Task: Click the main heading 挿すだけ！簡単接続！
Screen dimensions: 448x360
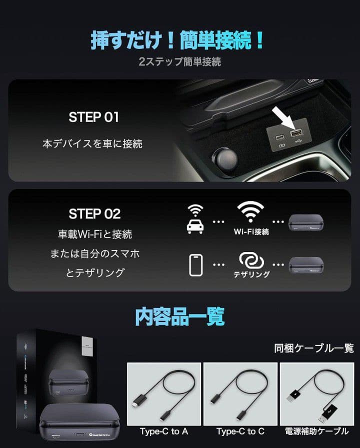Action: tap(177, 40)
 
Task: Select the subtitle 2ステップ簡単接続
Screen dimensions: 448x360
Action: tap(179, 62)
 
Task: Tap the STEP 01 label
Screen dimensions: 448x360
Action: tap(93, 117)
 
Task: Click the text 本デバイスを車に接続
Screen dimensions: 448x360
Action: tap(92, 144)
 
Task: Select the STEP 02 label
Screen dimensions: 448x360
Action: tap(94, 214)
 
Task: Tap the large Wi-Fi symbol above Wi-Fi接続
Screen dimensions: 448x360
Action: tap(251, 213)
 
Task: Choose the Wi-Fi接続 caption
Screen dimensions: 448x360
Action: tap(251, 232)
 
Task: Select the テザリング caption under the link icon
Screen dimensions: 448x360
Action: tap(251, 274)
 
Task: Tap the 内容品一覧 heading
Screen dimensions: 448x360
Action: tap(179, 316)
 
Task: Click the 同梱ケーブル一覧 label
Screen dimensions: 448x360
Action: tap(313, 348)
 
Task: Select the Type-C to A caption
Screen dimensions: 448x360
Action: tap(164, 431)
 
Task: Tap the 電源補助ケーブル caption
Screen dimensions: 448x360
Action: tap(316, 431)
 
